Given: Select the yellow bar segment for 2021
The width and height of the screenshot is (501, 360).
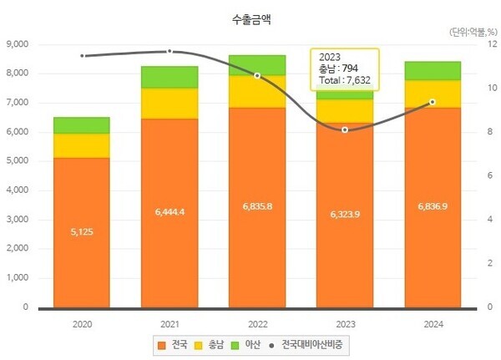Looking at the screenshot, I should pyautogui.click(x=170, y=103).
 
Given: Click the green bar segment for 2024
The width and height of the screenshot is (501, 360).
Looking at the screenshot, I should pyautogui.click(x=432, y=70).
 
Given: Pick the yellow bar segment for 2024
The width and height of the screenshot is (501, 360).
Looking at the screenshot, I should pyautogui.click(x=432, y=94).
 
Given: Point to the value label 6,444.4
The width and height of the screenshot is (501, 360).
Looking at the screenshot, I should pyautogui.click(x=170, y=212).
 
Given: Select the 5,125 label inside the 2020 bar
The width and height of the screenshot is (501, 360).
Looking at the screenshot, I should pyautogui.click(x=82, y=231).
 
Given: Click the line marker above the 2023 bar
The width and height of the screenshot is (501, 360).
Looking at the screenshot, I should pyautogui.click(x=345, y=129).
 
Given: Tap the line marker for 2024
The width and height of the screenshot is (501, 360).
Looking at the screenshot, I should pyautogui.click(x=432, y=102).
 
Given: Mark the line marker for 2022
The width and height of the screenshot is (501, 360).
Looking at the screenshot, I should pyautogui.click(x=257, y=75).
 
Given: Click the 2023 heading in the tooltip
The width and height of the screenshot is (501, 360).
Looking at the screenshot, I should pyautogui.click(x=329, y=56).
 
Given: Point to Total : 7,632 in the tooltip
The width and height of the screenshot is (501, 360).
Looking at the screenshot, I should pyautogui.click(x=344, y=81).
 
